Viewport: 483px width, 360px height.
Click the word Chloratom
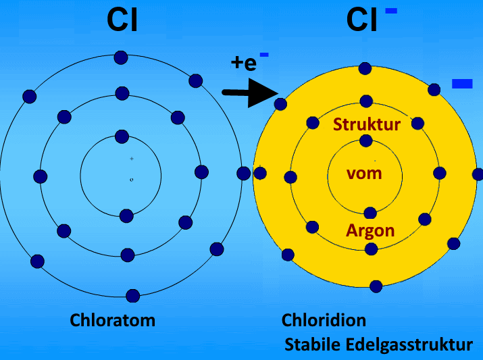pyautogui.click(x=113, y=319)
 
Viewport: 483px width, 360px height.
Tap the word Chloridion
pyautogui.click(x=324, y=319)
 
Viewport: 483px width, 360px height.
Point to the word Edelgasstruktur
pyautogui.click(x=411, y=344)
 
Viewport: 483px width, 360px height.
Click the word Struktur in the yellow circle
pyautogui.click(x=367, y=124)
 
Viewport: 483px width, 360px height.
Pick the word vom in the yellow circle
pyautogui.click(x=364, y=173)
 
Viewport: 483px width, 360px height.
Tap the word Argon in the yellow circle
pyautogui.click(x=370, y=230)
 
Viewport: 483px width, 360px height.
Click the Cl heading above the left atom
pyautogui.click(x=122, y=20)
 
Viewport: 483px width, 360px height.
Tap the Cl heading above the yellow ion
pyautogui.click(x=362, y=20)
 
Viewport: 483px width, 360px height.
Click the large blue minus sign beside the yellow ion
pyautogui.click(x=462, y=84)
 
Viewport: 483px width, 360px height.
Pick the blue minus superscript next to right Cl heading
pyautogui.click(x=391, y=11)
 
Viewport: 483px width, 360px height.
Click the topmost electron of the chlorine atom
pyautogui.click(x=121, y=57)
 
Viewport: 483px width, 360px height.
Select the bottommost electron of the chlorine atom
pyautogui.click(x=133, y=295)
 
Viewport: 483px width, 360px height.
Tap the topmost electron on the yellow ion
pyautogui.click(x=365, y=68)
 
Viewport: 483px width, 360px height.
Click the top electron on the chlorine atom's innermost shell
pyautogui.click(x=122, y=136)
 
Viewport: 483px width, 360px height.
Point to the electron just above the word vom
pyautogui.click(x=366, y=140)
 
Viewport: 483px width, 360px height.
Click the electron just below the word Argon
pyautogui.click(x=370, y=249)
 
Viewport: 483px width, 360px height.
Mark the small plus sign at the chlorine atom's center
pyautogui.click(x=132, y=158)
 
